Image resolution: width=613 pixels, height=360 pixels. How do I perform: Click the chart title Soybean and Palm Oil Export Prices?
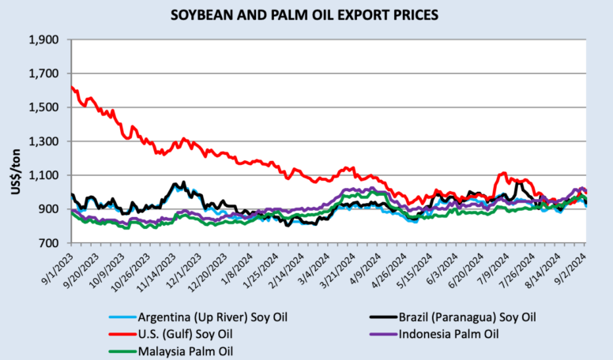(306, 15)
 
